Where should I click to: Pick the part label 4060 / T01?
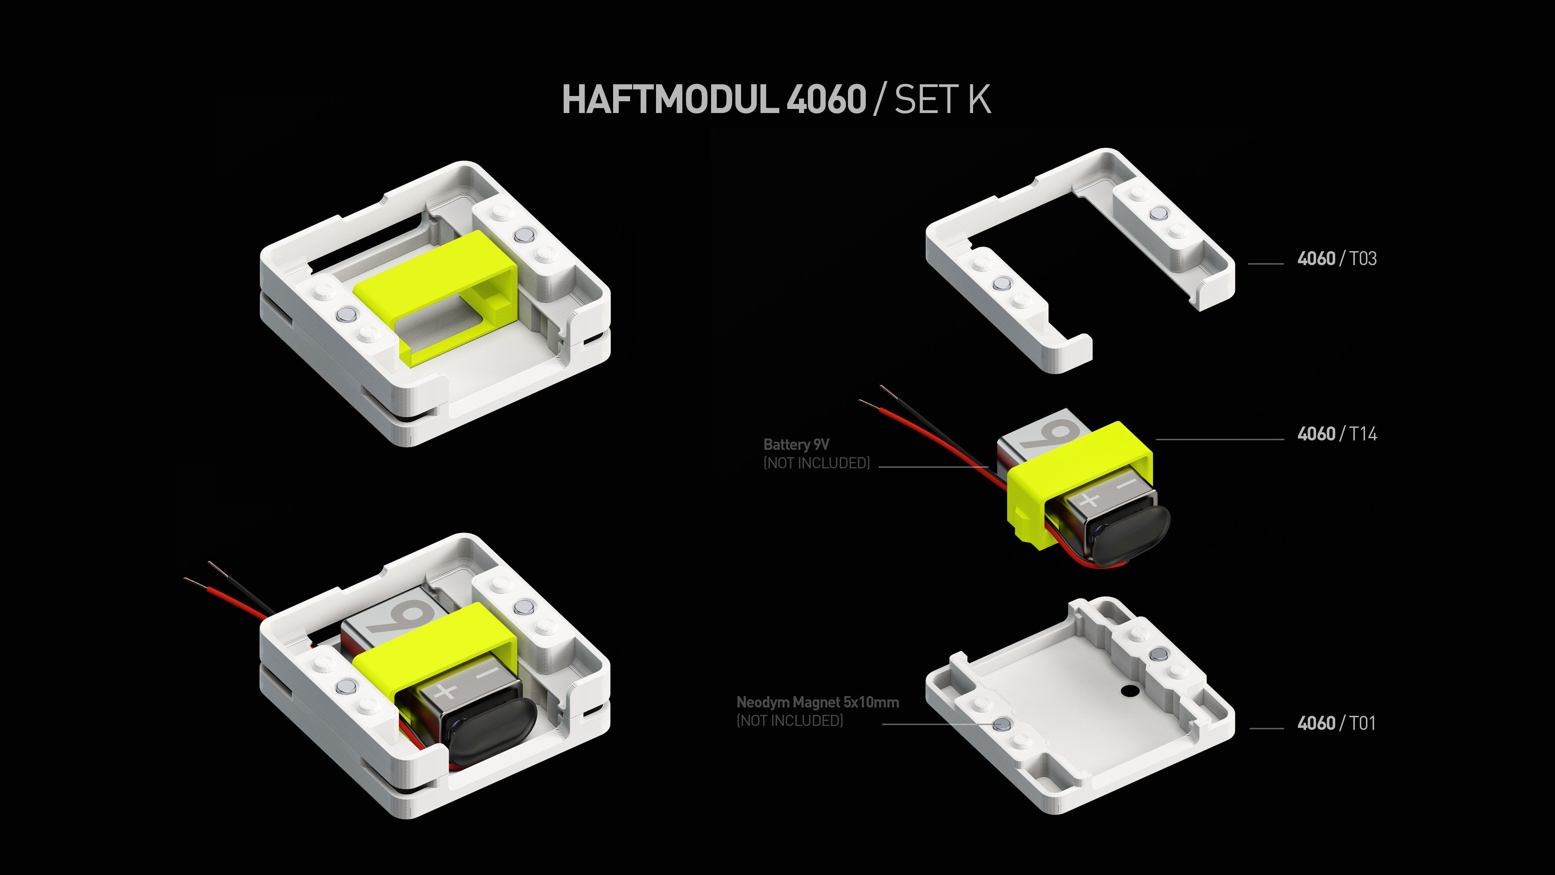[1336, 723]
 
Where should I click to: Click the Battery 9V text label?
[796, 444]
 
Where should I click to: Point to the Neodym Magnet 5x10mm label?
[817, 702]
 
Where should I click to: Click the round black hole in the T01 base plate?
[1128, 689]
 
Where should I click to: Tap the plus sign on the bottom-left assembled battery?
[445, 691]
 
